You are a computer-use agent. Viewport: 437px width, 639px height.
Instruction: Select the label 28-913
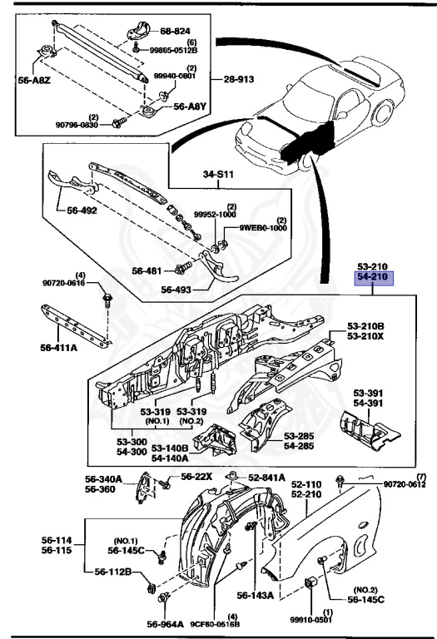(241, 80)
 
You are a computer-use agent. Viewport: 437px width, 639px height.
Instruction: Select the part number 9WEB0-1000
(264, 227)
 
